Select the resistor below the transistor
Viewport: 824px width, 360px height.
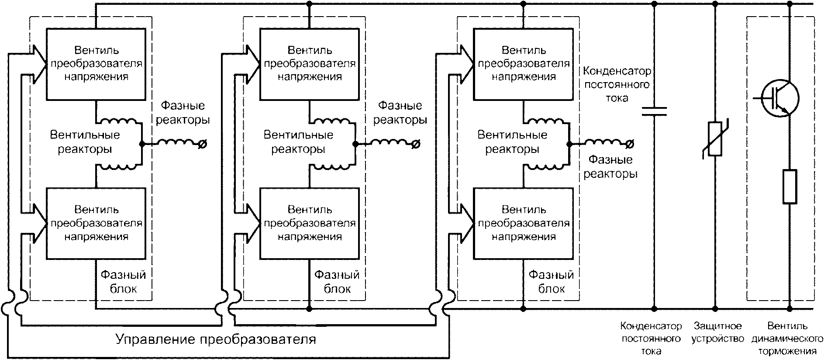tap(790, 187)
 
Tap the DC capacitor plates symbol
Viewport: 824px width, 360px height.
tap(654, 111)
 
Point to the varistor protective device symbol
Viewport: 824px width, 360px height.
tap(715, 139)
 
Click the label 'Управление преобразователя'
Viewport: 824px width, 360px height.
tap(215, 339)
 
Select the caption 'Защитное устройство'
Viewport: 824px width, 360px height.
tap(717, 332)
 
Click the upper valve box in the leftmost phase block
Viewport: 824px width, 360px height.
tap(96, 64)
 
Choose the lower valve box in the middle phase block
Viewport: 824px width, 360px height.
tap(310, 224)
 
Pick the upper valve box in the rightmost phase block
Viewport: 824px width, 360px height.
tap(524, 64)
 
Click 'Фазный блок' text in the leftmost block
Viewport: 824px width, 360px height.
tap(123, 282)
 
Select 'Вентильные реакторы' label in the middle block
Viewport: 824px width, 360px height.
tap(298, 142)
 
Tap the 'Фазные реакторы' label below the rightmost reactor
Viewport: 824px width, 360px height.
tap(610, 167)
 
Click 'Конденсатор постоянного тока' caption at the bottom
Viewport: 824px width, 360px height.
tap(651, 339)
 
